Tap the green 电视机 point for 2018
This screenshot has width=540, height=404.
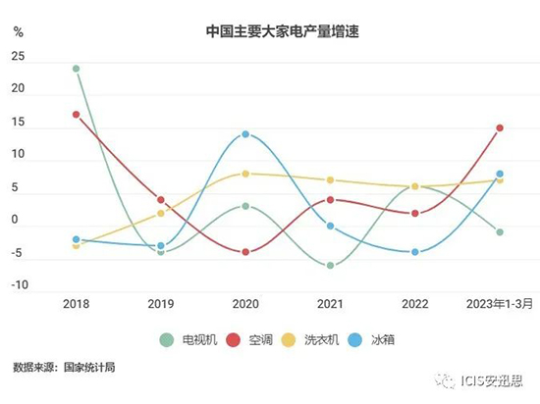click(x=76, y=69)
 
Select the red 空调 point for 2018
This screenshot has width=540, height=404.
click(x=76, y=115)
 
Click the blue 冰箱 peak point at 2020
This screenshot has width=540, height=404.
click(x=245, y=134)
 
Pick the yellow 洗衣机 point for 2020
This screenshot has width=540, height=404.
click(x=245, y=174)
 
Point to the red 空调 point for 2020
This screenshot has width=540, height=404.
click(x=245, y=252)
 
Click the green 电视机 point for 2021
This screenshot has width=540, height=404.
click(x=331, y=265)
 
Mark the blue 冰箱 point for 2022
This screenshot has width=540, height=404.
click(x=415, y=252)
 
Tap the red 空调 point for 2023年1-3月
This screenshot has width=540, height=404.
click(x=500, y=127)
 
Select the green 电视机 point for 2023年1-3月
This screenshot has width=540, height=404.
click(x=500, y=232)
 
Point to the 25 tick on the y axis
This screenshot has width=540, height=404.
click(x=18, y=56)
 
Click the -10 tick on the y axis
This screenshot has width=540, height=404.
click(x=20, y=285)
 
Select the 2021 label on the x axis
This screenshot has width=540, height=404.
click(x=331, y=304)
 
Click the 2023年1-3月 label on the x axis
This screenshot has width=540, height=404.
click(x=501, y=304)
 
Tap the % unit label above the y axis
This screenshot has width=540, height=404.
click(x=18, y=31)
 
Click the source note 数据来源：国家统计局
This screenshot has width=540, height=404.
click(x=65, y=369)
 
